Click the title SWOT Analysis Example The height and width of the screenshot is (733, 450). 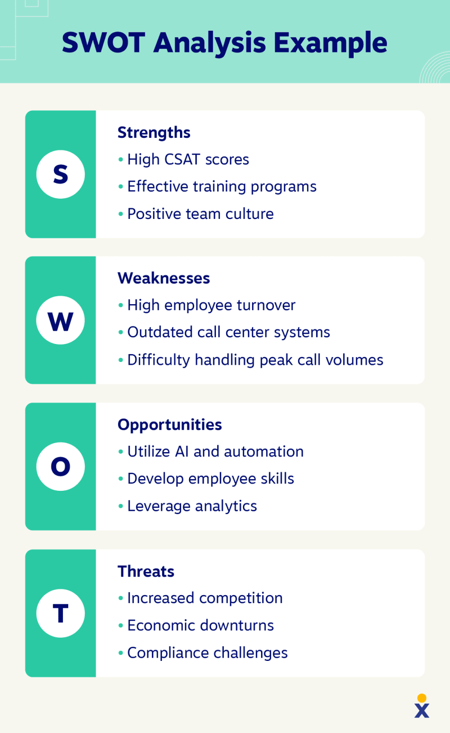pyautogui.click(x=224, y=42)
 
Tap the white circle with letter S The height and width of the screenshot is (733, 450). pyautogui.click(x=60, y=174)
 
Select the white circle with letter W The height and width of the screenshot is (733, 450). pyautogui.click(x=60, y=321)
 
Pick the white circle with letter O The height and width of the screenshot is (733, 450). pyautogui.click(x=60, y=466)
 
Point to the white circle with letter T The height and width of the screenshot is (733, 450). pyautogui.click(x=60, y=613)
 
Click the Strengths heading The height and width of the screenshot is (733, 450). pyautogui.click(x=154, y=133)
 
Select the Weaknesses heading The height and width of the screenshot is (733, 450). pyautogui.click(x=164, y=278)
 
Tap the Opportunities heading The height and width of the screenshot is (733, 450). pyautogui.click(x=169, y=425)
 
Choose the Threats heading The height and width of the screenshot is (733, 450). pyautogui.click(x=146, y=571)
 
